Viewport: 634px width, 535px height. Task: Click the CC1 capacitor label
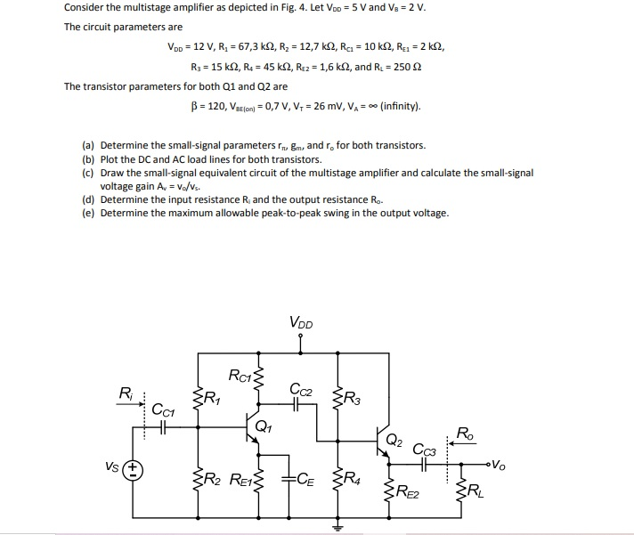click(x=162, y=411)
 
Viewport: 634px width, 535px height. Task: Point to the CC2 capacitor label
click(x=301, y=389)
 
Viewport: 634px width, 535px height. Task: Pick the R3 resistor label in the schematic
click(x=353, y=397)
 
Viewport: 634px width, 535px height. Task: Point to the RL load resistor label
click(x=476, y=491)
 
